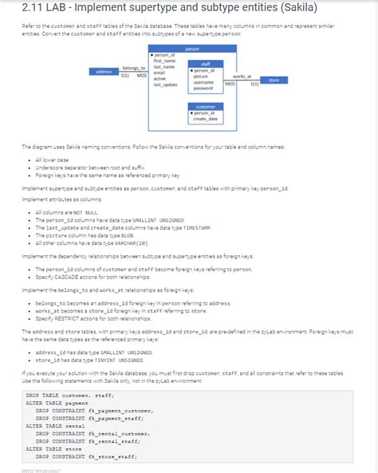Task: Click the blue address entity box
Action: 104,72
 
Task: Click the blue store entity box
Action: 274,80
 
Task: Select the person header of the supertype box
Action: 191,49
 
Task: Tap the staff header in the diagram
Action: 205,63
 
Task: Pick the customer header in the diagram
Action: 205,106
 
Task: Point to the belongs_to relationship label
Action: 133,69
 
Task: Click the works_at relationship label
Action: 242,76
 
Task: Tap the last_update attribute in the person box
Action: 164,84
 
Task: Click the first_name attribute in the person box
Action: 163,61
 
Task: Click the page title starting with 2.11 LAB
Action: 157,10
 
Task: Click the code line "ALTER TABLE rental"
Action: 55,426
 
